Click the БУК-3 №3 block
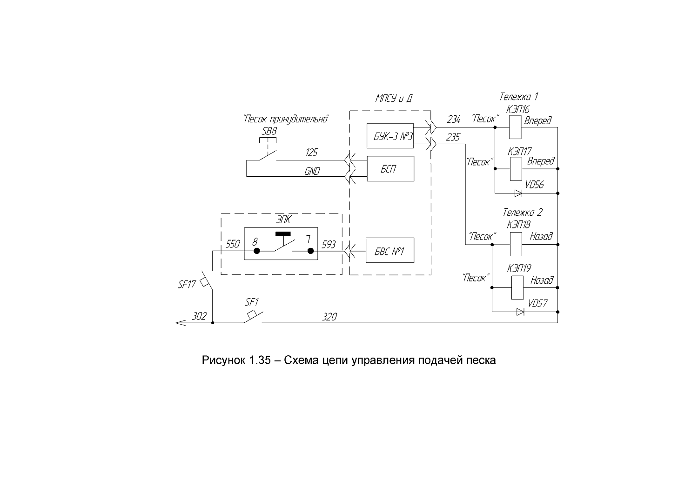coord(390,136)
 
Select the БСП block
coord(390,168)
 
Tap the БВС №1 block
coord(390,250)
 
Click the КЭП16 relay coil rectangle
coord(515,127)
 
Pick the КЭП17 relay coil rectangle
coord(516,169)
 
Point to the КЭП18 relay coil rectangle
coord(516,244)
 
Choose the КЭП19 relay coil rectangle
coord(517,287)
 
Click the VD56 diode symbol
coord(518,193)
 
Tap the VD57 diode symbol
coord(520,312)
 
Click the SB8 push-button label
coord(269,132)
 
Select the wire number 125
coord(311,153)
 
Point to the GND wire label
coord(312,171)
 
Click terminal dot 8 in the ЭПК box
coord(256,251)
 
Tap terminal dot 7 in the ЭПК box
coord(310,251)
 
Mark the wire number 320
coord(329,317)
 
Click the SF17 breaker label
coord(187,284)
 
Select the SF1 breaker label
coord(252,302)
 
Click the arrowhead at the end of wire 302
coord(176,323)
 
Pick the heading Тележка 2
coord(522,213)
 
